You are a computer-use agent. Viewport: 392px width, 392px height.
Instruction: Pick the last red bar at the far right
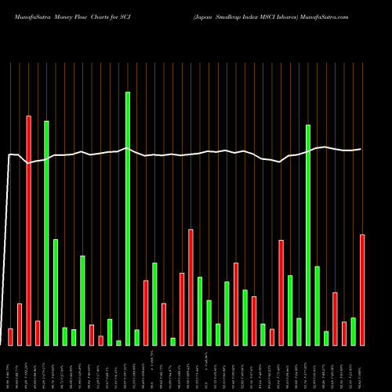coord(362,289)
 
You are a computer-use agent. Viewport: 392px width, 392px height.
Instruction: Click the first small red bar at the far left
coord(10,336)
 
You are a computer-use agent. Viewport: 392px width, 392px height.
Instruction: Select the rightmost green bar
coord(354,331)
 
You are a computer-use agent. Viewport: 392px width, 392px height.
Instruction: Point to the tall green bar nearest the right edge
coord(308,234)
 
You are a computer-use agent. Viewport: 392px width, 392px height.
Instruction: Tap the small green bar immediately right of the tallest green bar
coord(136,337)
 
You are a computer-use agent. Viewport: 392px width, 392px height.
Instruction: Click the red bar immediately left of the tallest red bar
coord(20,324)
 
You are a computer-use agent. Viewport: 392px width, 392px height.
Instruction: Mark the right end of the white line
coord(361,149)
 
